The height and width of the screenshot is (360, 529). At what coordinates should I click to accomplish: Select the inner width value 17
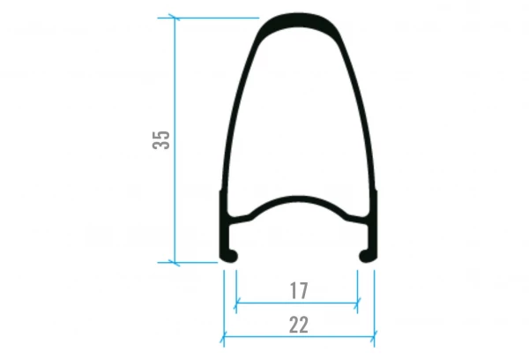298,290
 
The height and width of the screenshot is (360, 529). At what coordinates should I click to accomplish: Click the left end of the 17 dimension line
235,304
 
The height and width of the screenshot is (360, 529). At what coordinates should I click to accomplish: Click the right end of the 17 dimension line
358,304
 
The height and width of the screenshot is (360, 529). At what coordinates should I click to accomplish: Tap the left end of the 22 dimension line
222,336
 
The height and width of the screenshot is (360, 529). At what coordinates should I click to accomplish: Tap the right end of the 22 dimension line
374,336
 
